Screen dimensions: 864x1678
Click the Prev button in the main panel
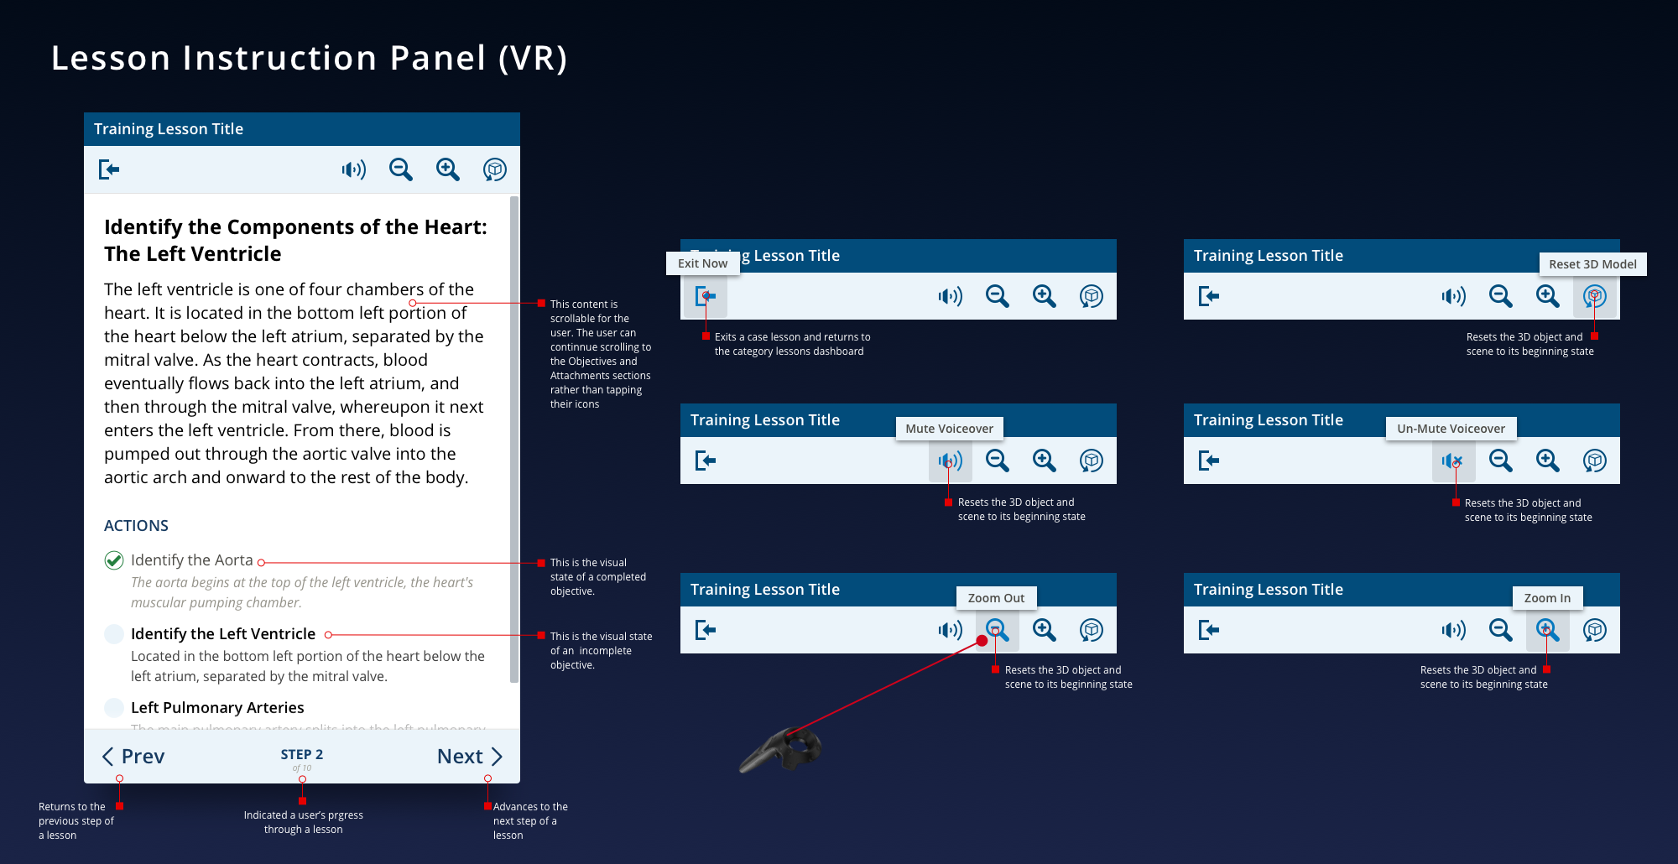(133, 757)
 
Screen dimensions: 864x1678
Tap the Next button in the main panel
(469, 757)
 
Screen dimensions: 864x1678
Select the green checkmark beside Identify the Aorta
(114, 560)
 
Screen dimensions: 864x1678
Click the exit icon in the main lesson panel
(109, 169)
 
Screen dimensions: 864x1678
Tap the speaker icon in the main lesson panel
(354, 170)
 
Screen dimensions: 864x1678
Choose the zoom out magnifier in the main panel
(401, 170)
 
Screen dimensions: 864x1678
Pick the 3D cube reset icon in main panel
(495, 170)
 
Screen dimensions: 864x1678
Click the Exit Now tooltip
(703, 263)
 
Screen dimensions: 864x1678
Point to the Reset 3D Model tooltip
(1592, 264)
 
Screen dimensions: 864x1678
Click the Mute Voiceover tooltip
(949, 429)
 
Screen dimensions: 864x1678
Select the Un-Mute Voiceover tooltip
(1451, 429)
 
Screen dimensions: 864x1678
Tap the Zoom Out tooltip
(996, 598)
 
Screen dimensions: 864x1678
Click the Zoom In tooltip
(1547, 598)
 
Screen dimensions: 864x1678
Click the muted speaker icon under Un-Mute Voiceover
(1452, 461)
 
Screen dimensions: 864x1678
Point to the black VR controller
(784, 750)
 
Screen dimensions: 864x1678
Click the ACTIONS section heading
(136, 526)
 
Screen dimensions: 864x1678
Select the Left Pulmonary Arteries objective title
(217, 708)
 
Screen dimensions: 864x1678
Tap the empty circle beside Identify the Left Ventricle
(114, 634)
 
